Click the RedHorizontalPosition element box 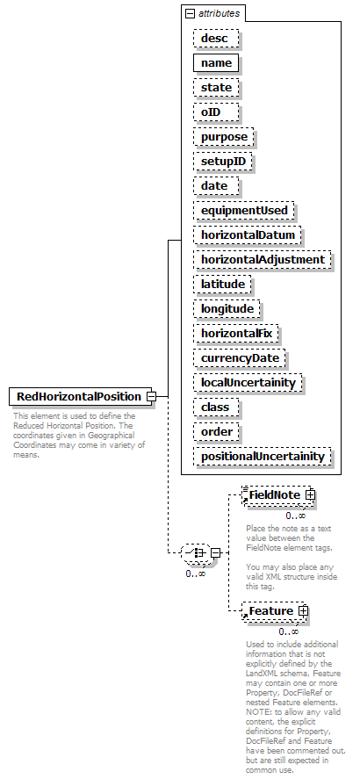(80, 396)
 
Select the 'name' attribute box (216, 63)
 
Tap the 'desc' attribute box (216, 39)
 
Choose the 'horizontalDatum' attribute (248, 235)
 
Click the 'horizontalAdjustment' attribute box (263, 260)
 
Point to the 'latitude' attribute (222, 285)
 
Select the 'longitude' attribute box (227, 309)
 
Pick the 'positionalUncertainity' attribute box (263, 457)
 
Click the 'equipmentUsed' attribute (244, 211)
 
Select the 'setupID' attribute (223, 162)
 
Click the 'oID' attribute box (216, 112)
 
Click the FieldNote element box (277, 495)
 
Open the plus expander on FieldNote (310, 494)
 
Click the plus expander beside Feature (304, 611)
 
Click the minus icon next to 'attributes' (190, 14)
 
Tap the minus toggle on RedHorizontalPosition (151, 396)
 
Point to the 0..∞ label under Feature (289, 632)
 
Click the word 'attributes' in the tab (219, 14)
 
